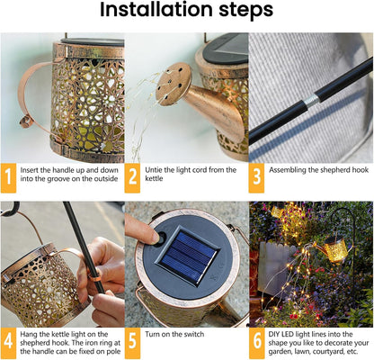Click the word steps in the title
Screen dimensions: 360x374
pyautogui.click(x=243, y=12)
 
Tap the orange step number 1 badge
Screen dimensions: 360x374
pyautogui.click(x=10, y=178)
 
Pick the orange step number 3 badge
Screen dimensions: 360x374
pyautogui.click(x=257, y=178)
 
